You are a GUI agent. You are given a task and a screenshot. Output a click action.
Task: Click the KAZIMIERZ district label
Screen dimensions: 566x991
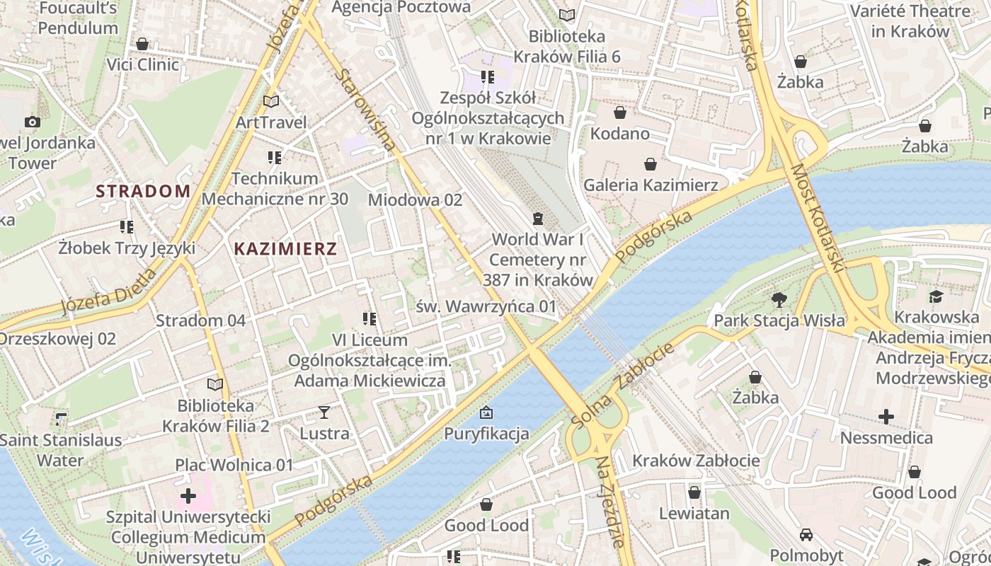point(285,249)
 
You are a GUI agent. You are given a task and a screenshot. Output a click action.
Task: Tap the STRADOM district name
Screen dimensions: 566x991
point(144,191)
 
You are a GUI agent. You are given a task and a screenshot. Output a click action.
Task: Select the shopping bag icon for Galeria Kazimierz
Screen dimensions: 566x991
point(651,165)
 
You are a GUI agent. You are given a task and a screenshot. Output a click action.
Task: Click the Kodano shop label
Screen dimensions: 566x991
point(620,134)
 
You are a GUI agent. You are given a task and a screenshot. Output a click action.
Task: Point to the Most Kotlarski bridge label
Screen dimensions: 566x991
point(818,219)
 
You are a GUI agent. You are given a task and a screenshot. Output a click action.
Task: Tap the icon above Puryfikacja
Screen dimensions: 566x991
point(486,412)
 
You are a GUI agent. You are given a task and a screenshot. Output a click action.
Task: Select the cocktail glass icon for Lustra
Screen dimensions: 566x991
point(324,412)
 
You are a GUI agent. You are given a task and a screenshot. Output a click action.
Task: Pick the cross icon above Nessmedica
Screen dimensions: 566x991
point(886,417)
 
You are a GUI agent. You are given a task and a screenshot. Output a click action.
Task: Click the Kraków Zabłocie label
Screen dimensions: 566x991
point(696,461)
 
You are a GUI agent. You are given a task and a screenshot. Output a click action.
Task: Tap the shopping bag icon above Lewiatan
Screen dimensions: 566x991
point(694,492)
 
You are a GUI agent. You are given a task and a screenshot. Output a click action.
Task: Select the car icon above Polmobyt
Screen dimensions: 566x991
point(806,534)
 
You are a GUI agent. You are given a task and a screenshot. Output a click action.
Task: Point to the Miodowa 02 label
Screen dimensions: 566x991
point(415,200)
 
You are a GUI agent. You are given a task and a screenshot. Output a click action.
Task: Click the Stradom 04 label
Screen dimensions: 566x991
point(201,320)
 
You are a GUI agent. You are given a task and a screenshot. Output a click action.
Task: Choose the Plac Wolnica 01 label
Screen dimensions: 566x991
point(234,465)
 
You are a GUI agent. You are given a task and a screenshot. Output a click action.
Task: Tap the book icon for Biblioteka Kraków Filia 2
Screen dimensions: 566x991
point(215,384)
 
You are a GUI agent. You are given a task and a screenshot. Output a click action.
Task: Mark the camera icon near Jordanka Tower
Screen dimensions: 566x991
point(33,122)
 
